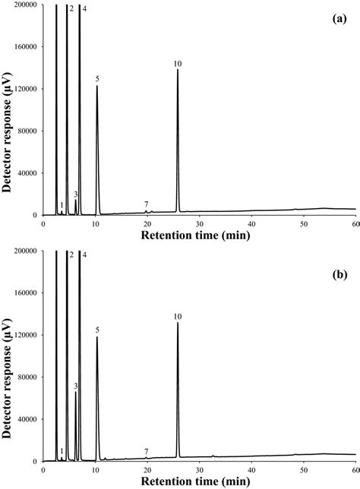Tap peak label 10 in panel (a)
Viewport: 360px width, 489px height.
point(177,63)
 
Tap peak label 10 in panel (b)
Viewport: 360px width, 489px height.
point(177,316)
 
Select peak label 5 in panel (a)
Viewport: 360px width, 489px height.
point(97,78)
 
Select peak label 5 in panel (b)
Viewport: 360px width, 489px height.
point(97,330)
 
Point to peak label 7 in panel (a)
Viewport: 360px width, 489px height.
point(146,204)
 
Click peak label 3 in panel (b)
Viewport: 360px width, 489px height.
point(76,386)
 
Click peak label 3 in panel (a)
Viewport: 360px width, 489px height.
point(76,194)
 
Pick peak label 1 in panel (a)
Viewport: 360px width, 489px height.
point(62,205)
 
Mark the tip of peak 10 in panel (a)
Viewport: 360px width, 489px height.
point(178,70)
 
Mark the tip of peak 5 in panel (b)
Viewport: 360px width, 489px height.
point(97,336)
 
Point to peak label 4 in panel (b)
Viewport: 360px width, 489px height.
point(84,255)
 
